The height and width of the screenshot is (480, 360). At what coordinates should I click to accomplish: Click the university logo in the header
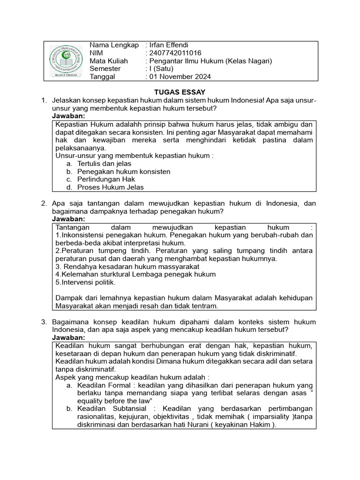pyautogui.click(x=66, y=60)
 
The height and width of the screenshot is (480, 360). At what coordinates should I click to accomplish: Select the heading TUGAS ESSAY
pyautogui.click(x=180, y=92)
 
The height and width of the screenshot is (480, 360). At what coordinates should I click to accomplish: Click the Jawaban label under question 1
pyautogui.click(x=68, y=116)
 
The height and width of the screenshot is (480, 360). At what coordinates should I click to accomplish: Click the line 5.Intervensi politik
pyautogui.click(x=85, y=283)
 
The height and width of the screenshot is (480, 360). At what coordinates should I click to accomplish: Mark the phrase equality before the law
pyautogui.click(x=115, y=401)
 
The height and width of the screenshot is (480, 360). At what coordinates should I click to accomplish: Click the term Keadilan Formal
pyautogui.click(x=101, y=385)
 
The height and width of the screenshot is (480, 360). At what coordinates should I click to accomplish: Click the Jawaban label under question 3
pyautogui.click(x=68, y=337)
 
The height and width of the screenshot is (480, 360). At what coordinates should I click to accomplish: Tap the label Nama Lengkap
pyautogui.click(x=114, y=45)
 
